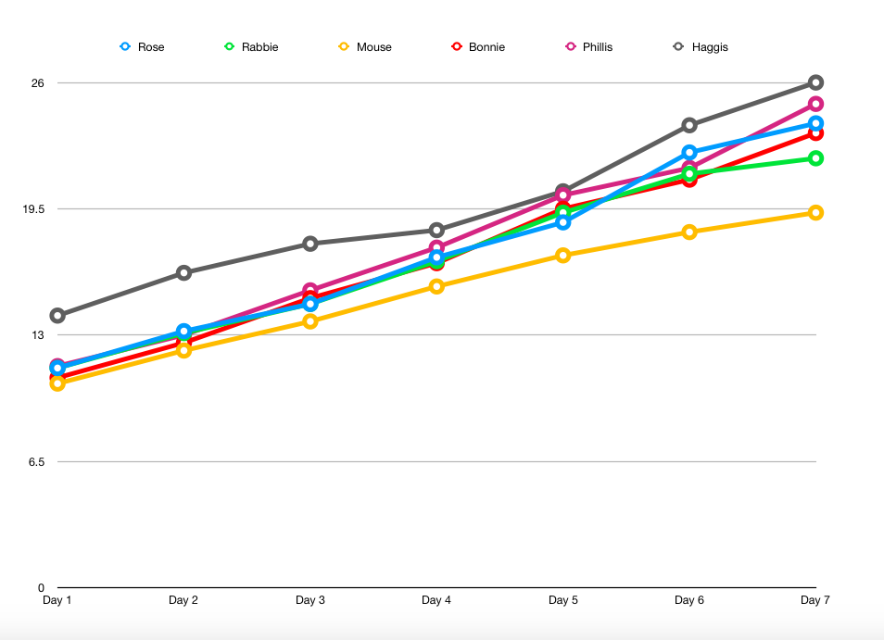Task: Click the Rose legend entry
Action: point(143,46)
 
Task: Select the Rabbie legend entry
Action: point(251,46)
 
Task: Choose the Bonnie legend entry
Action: point(478,46)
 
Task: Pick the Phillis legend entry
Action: point(589,46)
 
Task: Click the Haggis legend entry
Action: point(701,46)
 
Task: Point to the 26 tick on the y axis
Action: point(38,83)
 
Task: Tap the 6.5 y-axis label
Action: point(36,461)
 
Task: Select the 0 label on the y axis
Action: point(41,587)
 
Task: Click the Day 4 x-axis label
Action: point(436,600)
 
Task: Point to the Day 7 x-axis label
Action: point(815,600)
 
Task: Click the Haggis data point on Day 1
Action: point(57,316)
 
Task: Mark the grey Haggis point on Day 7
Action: point(815,82)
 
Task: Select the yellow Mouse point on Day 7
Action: point(815,213)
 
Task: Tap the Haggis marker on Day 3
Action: point(310,244)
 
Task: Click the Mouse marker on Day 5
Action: point(562,255)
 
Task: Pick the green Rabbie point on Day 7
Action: point(815,158)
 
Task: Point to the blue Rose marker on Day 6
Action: point(689,152)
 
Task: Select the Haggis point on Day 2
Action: point(183,272)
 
